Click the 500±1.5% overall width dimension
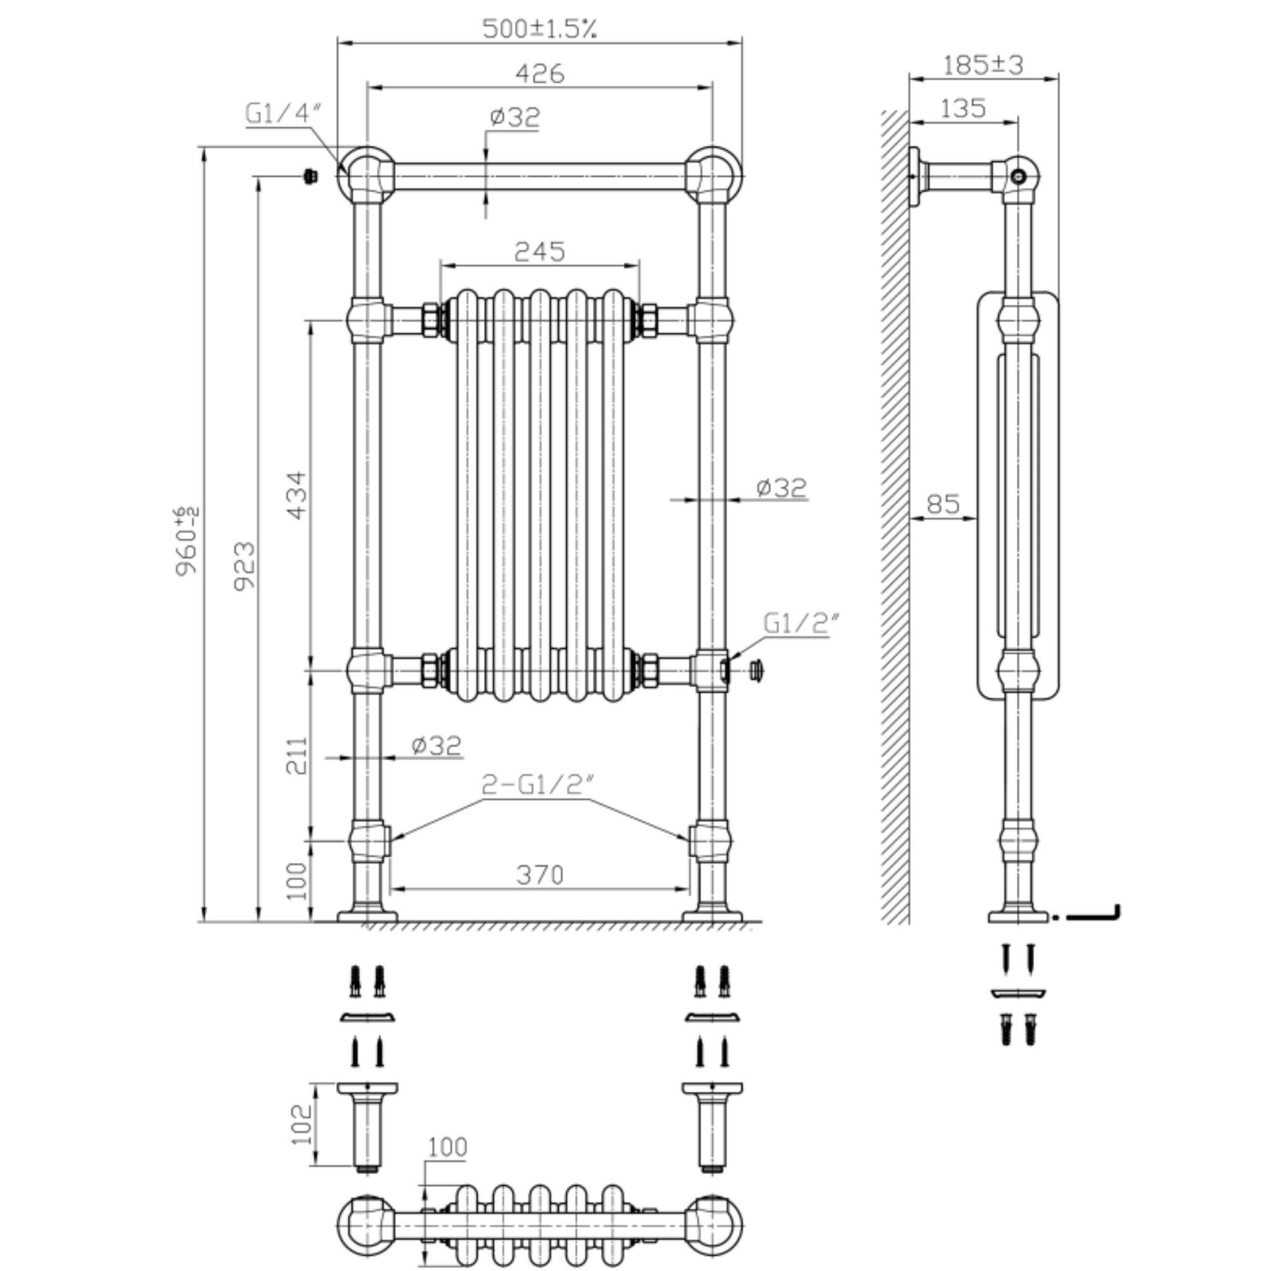click(540, 29)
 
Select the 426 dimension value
click(540, 74)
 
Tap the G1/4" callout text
click(283, 114)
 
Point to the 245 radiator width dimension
click(540, 251)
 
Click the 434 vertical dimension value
click(297, 496)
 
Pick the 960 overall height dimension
click(187, 541)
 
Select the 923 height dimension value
click(245, 566)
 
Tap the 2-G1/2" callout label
click(538, 785)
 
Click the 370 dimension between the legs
click(540, 875)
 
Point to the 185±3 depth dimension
click(983, 65)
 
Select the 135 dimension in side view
click(962, 109)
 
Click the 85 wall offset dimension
click(942, 505)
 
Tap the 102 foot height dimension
click(301, 1124)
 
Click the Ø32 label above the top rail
click(515, 117)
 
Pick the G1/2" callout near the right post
click(801, 623)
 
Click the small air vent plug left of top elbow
click(310, 176)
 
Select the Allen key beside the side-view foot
click(1092, 914)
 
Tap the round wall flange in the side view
click(914, 176)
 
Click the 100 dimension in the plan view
click(447, 1147)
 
